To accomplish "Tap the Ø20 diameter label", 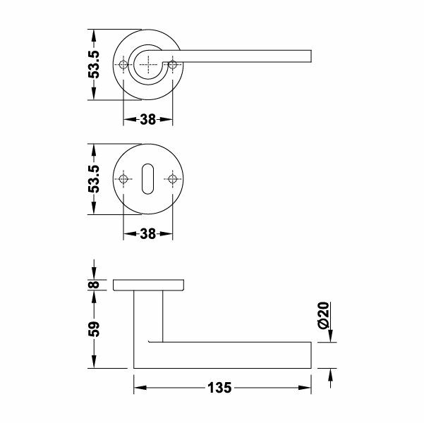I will click(x=324, y=315).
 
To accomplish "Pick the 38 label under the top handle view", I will click(x=147, y=120).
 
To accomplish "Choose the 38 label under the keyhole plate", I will click(x=147, y=234).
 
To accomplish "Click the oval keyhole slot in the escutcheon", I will click(x=148, y=180).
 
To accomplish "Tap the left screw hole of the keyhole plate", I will click(x=124, y=180).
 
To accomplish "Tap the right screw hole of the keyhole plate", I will click(x=172, y=180).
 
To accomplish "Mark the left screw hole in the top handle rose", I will click(x=124, y=66).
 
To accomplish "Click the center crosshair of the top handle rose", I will click(x=148, y=66).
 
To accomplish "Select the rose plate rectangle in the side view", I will click(x=148, y=284).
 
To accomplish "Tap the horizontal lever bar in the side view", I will click(x=233, y=355).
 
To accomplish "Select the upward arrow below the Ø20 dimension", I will click(x=329, y=375).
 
